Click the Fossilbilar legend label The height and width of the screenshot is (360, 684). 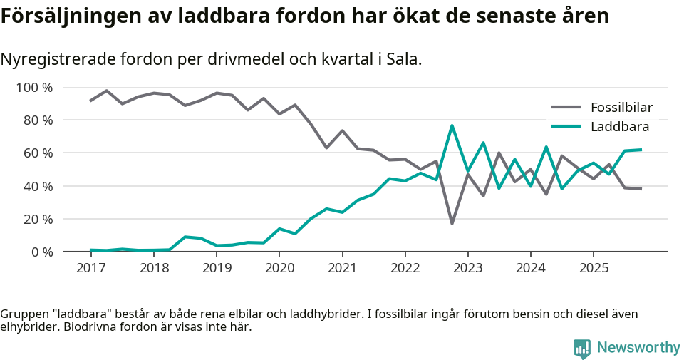(621, 108)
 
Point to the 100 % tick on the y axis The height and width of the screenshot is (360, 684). (35, 88)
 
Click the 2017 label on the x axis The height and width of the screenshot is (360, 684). (90, 268)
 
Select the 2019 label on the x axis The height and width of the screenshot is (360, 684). (217, 268)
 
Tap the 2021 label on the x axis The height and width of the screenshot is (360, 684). (342, 268)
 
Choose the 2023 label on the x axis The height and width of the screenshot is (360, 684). (467, 268)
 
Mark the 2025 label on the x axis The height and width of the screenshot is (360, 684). (594, 268)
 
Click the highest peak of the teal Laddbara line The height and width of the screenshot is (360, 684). (452, 126)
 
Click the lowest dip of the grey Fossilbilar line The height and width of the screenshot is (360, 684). (452, 223)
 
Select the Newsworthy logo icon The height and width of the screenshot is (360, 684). (582, 348)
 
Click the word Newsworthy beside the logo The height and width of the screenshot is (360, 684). (638, 348)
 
